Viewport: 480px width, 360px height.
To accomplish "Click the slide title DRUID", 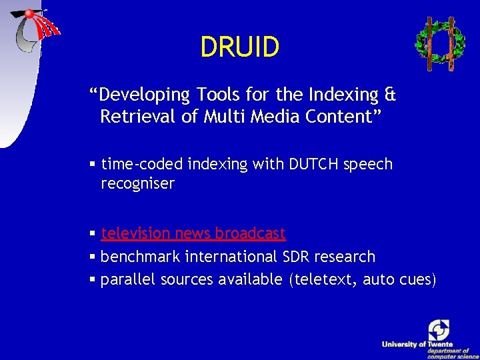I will coord(239,47).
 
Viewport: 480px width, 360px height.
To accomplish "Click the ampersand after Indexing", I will coord(391,95).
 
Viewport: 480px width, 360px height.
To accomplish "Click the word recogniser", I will coord(137,184).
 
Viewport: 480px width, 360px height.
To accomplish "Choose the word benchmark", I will coord(140,257).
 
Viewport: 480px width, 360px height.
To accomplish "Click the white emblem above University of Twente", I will coord(439,329).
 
